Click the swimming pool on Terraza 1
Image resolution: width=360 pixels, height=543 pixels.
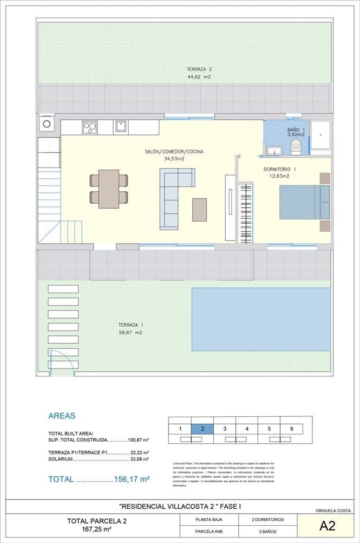261,319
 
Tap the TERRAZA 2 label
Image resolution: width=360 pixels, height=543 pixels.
199,70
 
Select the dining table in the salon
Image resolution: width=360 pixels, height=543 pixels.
109,188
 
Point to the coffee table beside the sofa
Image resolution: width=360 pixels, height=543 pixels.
200,209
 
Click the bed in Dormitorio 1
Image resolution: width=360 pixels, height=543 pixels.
304,202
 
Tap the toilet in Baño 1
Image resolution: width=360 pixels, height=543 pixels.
296,148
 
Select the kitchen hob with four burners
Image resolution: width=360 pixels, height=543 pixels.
90,127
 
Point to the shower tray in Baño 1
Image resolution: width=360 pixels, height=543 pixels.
321,135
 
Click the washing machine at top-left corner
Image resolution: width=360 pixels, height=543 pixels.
47,124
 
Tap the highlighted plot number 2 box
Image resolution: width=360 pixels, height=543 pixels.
203,428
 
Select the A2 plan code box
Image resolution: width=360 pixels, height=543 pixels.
327,526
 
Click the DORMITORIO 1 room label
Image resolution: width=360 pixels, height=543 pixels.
279,169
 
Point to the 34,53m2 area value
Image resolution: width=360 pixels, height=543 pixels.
174,159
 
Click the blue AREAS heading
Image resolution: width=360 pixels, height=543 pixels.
61,416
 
